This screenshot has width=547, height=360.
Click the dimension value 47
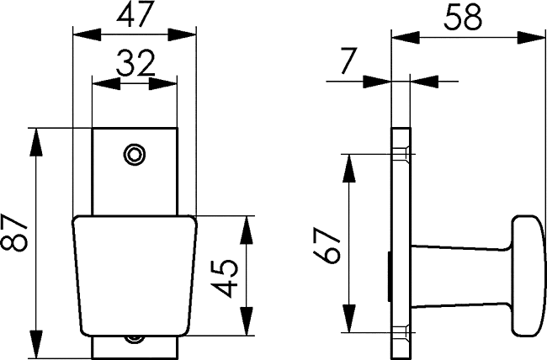[x=135, y=15]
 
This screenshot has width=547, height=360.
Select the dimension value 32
[x=135, y=63]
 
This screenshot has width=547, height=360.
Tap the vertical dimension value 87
[x=14, y=232]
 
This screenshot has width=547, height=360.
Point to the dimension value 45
[x=226, y=278]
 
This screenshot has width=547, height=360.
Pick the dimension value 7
[x=348, y=61]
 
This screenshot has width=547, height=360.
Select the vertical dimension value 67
[x=327, y=246]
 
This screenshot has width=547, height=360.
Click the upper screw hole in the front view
[x=135, y=154]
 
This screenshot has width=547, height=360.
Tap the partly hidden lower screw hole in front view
[x=135, y=339]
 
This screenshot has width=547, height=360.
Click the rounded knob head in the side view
[x=528, y=276]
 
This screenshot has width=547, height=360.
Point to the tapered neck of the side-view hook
[x=461, y=276]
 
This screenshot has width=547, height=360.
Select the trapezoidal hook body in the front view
[x=135, y=276]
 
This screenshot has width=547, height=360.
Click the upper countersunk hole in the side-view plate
[x=401, y=154]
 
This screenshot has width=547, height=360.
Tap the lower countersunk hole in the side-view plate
[x=401, y=332]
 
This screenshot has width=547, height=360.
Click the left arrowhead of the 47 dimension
[x=87, y=34]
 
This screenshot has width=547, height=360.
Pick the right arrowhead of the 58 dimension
[x=530, y=38]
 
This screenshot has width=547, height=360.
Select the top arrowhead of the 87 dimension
[x=36, y=142]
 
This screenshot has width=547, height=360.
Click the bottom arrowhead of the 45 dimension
[x=247, y=321]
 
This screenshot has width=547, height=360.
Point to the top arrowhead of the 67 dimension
[x=349, y=168]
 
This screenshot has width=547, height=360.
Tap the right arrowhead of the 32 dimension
[x=163, y=84]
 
